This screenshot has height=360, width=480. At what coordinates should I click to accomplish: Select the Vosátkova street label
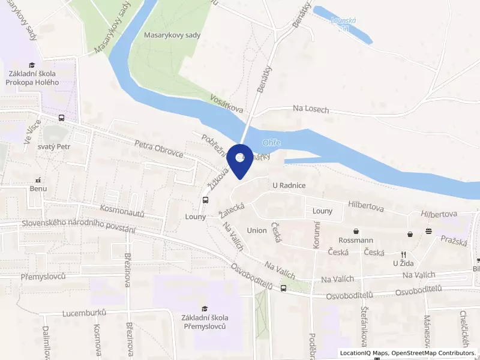(x=227, y=104)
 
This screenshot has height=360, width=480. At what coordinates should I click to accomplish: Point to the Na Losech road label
(x=311, y=109)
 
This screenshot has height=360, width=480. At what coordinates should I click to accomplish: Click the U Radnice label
(x=289, y=185)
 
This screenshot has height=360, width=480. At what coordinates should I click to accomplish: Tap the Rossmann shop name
(x=356, y=241)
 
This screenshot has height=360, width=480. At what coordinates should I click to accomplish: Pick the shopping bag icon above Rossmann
(x=356, y=231)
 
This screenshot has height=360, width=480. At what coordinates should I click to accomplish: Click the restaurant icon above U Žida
(x=404, y=254)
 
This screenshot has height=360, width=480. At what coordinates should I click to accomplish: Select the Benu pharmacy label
(x=38, y=188)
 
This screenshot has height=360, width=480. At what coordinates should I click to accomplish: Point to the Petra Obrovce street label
(x=159, y=148)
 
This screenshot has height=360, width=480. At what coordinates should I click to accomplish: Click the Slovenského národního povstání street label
(x=78, y=227)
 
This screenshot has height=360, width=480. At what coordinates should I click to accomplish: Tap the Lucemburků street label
(x=85, y=313)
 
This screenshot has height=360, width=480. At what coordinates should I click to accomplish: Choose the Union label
(x=257, y=230)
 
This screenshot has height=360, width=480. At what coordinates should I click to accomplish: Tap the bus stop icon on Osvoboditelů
(x=283, y=288)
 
